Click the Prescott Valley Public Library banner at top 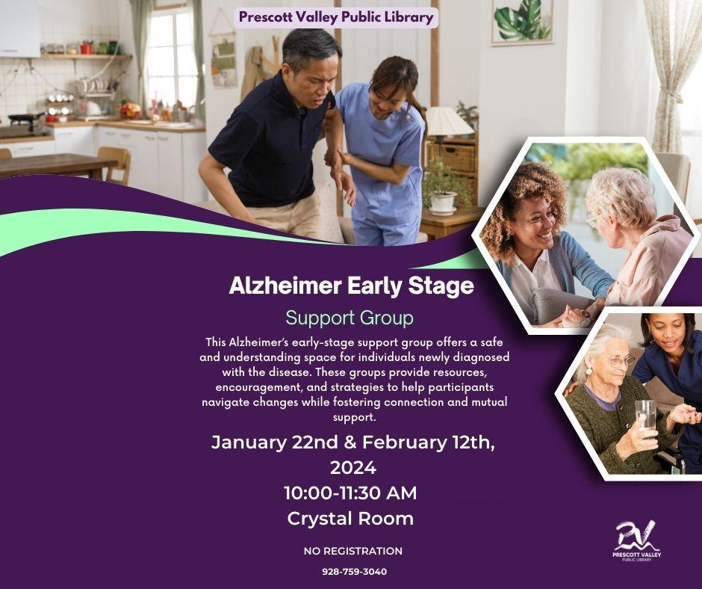[336, 17]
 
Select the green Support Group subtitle [350, 318]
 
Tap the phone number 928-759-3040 [354, 571]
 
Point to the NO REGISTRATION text [352, 551]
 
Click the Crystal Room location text [350, 518]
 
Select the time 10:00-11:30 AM [350, 493]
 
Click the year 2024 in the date [352, 468]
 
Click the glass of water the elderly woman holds [644, 413]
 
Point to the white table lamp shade [449, 121]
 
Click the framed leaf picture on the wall [522, 22]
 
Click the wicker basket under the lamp [450, 157]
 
